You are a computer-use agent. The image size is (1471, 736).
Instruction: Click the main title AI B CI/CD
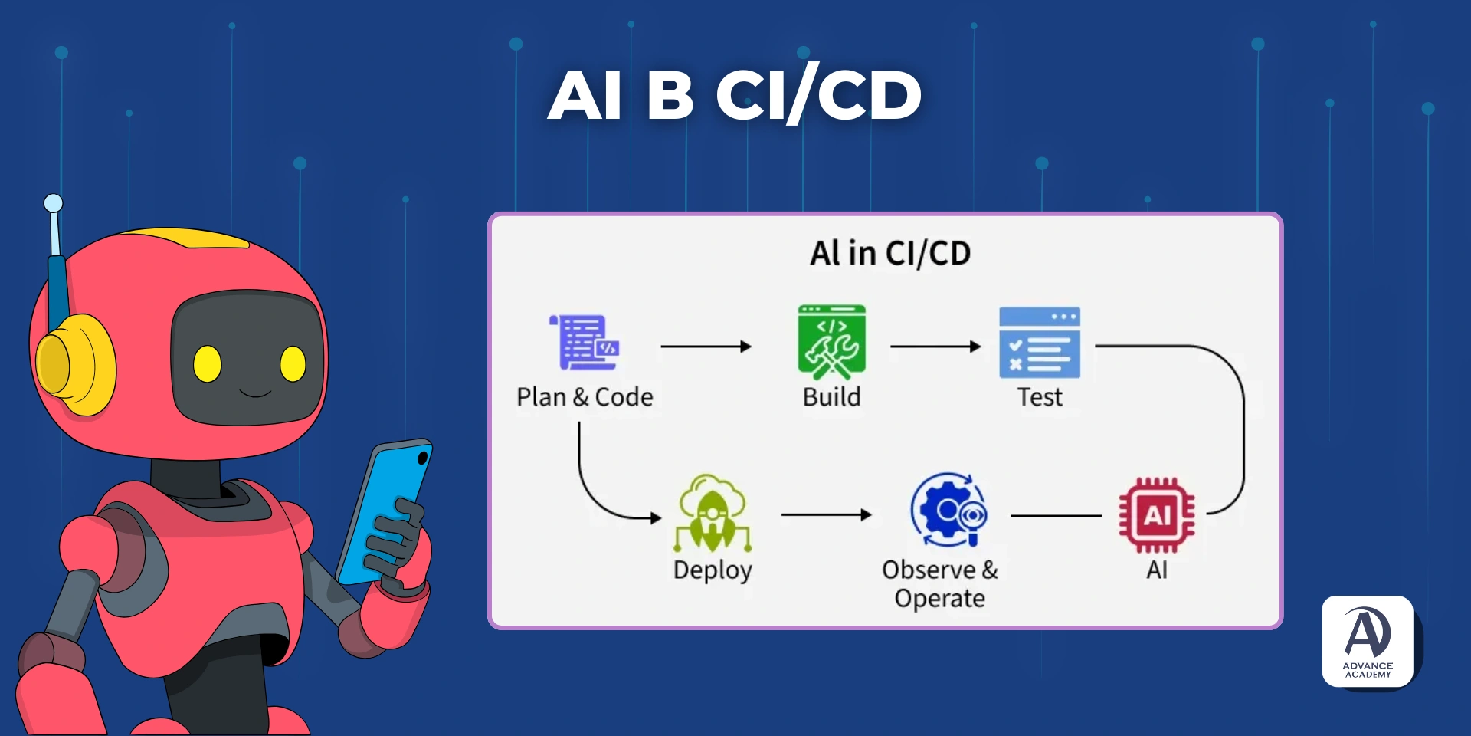click(x=734, y=95)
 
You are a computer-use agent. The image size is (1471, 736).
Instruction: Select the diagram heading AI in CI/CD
click(x=890, y=253)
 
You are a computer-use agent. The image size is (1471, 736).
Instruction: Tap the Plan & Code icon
click(x=585, y=343)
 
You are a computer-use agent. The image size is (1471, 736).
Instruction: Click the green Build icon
click(x=831, y=342)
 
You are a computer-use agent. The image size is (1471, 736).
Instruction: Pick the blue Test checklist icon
click(x=1040, y=343)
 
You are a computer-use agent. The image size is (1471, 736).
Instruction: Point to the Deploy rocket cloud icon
click(x=713, y=514)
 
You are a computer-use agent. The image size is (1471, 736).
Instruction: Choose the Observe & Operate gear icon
click(x=948, y=510)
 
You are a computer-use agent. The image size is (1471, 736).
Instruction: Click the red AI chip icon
click(x=1156, y=515)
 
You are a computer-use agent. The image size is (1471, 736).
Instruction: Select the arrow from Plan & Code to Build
click(x=705, y=347)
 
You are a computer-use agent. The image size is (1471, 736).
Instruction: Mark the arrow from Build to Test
click(x=935, y=347)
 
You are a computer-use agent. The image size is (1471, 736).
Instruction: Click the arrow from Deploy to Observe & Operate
click(x=826, y=515)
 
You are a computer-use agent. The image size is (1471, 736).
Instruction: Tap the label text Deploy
click(x=713, y=570)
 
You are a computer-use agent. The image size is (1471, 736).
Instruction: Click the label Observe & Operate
click(x=940, y=583)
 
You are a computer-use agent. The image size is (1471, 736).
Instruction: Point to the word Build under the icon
click(x=831, y=397)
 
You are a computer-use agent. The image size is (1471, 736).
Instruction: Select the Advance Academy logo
click(x=1368, y=641)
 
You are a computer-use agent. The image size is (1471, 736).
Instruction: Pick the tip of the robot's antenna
click(x=53, y=203)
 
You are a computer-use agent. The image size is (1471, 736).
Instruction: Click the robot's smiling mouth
click(x=255, y=394)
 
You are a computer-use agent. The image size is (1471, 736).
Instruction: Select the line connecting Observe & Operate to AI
click(x=1056, y=516)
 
